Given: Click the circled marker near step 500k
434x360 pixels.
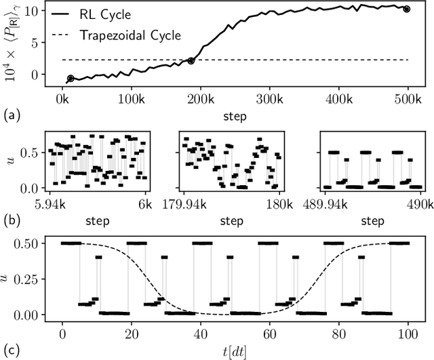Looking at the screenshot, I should (406, 9).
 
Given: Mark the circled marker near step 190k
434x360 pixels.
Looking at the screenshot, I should (191, 61).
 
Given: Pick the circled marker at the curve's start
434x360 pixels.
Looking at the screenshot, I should (71, 79).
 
